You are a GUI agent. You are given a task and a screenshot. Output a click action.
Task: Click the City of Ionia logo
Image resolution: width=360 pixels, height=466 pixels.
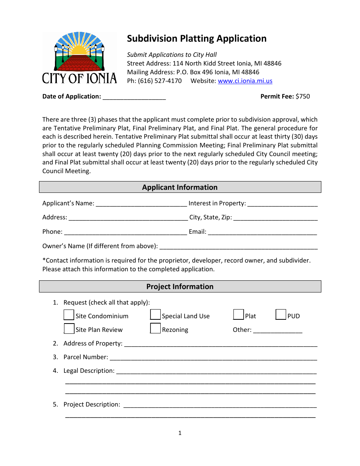(79, 58)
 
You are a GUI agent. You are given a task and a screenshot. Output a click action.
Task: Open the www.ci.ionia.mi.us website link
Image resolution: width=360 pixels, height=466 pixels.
(245, 81)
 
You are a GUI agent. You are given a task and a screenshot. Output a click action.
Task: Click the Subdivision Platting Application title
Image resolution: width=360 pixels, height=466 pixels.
(196, 39)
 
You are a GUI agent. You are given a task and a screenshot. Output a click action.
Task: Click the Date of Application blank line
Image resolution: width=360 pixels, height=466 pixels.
(134, 97)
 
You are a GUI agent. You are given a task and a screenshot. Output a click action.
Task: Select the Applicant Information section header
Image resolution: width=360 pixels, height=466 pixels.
(180, 187)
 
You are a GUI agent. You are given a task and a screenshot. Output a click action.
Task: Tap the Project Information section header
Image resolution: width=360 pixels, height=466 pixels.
(180, 286)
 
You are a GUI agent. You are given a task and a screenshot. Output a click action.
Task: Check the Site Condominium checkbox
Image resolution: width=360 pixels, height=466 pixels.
(69, 315)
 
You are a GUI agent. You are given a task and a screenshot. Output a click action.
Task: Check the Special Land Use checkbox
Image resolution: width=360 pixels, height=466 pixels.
(155, 315)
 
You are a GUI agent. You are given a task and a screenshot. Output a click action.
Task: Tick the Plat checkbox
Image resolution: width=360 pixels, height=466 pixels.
(238, 315)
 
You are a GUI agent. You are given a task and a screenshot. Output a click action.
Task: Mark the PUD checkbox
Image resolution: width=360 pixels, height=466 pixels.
(281, 315)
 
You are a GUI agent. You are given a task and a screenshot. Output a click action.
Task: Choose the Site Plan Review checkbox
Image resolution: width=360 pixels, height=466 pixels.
(69, 329)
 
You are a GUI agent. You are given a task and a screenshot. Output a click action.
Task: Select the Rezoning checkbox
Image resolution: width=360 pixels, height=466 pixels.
(155, 329)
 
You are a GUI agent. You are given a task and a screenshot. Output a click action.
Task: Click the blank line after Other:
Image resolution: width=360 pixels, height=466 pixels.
(278, 330)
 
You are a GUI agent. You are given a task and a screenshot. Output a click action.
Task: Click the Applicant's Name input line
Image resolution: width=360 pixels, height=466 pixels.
(141, 204)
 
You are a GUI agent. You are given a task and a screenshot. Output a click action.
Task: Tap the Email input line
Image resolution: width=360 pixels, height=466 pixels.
(262, 232)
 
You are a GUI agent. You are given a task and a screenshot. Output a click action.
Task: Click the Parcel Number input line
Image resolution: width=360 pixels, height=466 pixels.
(213, 358)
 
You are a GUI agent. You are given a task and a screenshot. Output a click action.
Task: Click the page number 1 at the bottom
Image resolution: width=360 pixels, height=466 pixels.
(180, 433)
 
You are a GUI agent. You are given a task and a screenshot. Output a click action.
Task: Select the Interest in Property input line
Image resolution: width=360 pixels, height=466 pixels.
(282, 204)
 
